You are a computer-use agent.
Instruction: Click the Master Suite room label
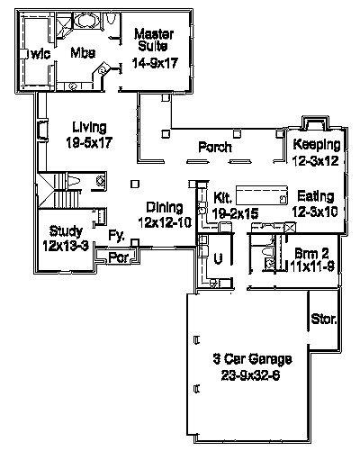coord(154,41)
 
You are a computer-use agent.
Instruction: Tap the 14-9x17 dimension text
coord(155,63)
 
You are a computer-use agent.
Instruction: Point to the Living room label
coord(89,127)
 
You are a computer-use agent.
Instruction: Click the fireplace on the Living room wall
coord(42,130)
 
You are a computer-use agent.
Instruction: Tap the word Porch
coord(215,148)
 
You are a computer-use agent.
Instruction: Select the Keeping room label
coord(317,144)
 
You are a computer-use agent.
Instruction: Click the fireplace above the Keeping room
coord(315,122)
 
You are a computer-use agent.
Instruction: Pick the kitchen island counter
coord(262,194)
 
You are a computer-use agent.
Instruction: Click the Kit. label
coord(222,198)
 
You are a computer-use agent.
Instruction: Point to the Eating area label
coord(315,196)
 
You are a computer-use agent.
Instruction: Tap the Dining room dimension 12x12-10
coord(165,222)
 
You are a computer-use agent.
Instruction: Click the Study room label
coord(66,231)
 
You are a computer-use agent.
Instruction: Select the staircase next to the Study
coord(59,190)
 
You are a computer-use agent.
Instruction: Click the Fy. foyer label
coord(116,236)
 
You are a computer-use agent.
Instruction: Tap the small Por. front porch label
coord(119,257)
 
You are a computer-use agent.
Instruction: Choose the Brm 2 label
coord(312,254)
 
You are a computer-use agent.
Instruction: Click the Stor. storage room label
coord(324,319)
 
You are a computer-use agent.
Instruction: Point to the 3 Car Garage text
coord(252,359)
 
